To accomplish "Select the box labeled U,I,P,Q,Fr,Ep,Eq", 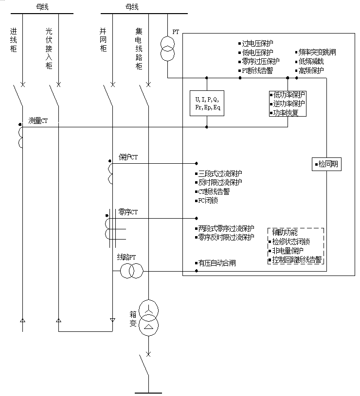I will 207,103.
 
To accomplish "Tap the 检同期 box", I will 326,164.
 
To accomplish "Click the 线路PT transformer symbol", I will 131,271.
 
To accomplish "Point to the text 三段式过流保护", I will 220,173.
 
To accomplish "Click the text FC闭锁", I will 208,200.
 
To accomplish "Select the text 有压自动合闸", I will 216,263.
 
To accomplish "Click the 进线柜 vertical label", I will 14,40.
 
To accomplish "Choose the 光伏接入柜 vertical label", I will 49,49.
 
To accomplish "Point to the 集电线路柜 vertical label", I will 139,49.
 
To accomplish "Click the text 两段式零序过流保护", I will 226,228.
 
